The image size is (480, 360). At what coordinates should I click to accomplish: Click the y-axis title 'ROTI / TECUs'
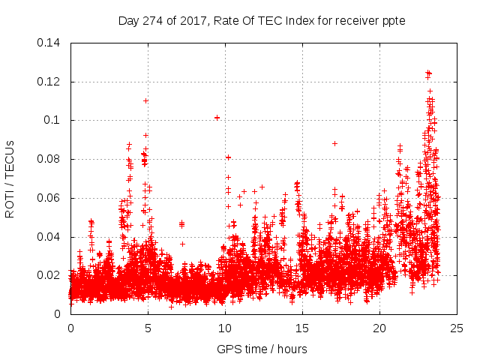click(10, 178)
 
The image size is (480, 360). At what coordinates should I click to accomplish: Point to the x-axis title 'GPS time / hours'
click(263, 349)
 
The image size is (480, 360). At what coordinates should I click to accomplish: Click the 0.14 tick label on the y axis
click(49, 43)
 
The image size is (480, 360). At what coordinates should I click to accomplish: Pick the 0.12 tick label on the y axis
click(49, 82)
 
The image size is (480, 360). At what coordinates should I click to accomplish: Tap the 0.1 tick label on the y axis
click(52, 120)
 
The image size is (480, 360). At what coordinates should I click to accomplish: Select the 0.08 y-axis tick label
click(49, 159)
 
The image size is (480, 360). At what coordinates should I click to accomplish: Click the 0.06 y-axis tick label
click(49, 198)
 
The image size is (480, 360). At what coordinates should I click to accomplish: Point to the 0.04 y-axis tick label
click(49, 237)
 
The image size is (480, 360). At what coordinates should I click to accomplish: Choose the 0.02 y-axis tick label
click(49, 275)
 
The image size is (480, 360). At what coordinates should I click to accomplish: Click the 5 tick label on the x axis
click(148, 328)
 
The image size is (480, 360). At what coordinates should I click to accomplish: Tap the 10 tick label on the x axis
click(225, 328)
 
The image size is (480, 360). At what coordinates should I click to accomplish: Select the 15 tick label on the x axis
click(302, 328)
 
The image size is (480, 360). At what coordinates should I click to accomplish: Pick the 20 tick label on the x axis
click(379, 328)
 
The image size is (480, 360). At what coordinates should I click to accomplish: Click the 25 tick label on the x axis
click(457, 328)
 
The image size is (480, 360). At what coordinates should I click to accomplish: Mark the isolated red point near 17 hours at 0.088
click(334, 143)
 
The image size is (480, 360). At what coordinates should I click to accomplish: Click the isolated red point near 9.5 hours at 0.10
click(217, 118)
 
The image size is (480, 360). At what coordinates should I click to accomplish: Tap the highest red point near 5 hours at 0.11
click(145, 100)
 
